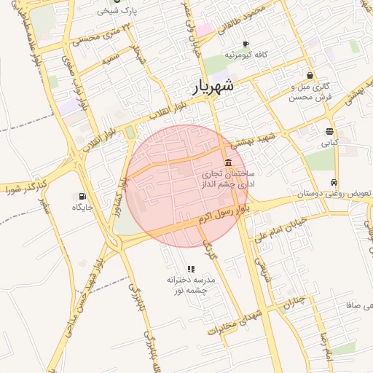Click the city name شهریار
[x=213, y=86]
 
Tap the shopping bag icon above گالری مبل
[x=310, y=75]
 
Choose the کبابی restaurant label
[x=330, y=144]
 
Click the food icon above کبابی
[x=330, y=132]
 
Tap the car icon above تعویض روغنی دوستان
[x=334, y=183]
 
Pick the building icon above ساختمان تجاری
[x=229, y=162]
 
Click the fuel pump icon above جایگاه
[x=82, y=196]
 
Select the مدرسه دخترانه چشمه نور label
[x=191, y=285]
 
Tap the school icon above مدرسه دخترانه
[x=191, y=269]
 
